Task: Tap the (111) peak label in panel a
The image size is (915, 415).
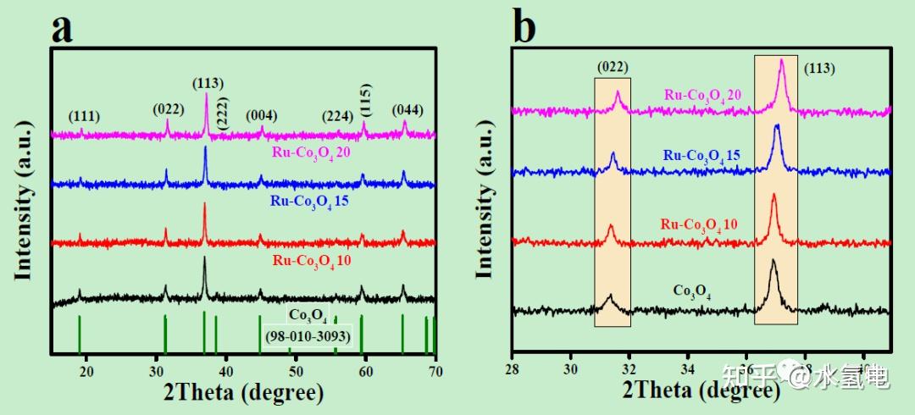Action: (88, 117)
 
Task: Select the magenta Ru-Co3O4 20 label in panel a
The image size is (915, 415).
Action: (311, 152)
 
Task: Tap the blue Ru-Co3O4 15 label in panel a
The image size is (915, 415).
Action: (311, 202)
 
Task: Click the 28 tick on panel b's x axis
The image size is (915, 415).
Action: (512, 370)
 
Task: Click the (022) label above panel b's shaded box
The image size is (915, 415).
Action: (612, 67)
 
